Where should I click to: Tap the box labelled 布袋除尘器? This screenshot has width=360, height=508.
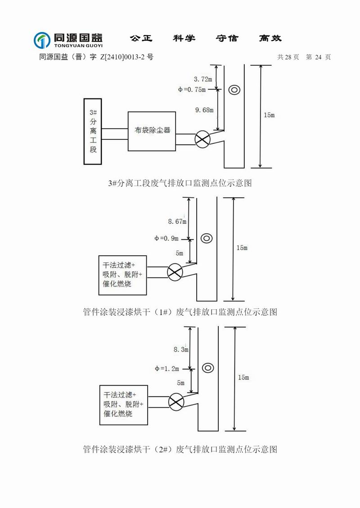tap(152, 130)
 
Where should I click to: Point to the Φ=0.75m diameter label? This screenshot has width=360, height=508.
tap(192, 89)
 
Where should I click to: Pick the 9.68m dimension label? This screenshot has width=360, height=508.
tap(204, 110)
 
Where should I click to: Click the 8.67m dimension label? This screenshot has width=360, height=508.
tap(177, 221)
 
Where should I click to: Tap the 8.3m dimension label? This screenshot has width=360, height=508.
tap(180, 349)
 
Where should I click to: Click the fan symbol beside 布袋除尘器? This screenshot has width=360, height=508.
tap(202, 139)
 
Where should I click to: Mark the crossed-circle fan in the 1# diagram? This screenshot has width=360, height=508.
tap(175, 272)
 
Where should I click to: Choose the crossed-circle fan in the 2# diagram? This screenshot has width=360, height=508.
tap(176, 401)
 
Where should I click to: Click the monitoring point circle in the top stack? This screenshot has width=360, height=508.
tap(234, 90)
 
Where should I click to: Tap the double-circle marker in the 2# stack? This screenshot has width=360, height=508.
tap(207, 367)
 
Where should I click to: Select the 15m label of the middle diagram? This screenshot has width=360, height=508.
tap(242, 248)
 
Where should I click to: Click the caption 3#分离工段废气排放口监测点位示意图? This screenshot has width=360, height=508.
tap(180, 183)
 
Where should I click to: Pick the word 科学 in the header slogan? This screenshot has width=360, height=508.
tap(184, 39)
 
